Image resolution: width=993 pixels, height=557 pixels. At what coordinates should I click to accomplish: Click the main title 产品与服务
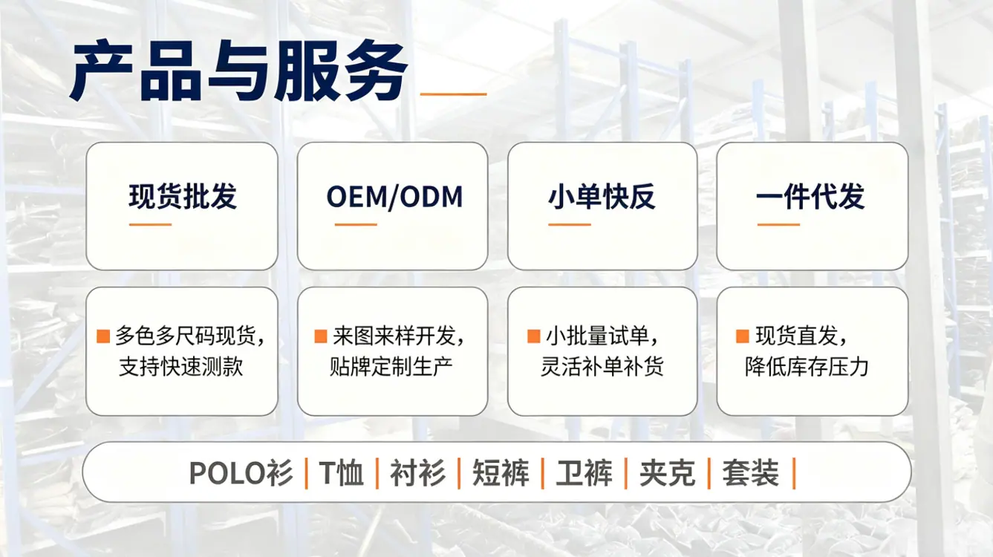coord(238,71)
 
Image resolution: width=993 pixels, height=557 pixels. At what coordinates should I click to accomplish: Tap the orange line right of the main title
coord(453,94)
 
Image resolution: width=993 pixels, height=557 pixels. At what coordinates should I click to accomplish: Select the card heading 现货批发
coord(183,196)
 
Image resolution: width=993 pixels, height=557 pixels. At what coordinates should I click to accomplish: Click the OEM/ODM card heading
coord(394,197)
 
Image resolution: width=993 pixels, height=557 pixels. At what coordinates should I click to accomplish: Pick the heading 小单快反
coord(602,196)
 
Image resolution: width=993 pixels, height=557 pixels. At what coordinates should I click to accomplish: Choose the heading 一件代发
coord(810,196)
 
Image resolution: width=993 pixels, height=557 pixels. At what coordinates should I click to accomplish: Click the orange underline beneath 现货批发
coord(150,224)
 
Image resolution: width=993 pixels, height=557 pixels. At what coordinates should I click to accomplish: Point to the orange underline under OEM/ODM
coord(356,224)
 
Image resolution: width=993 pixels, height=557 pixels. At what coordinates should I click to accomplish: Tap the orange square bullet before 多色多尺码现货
coord(102,336)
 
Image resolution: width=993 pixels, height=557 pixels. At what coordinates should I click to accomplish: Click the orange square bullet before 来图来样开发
coord(321,336)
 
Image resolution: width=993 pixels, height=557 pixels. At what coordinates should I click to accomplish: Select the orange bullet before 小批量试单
coord(534,336)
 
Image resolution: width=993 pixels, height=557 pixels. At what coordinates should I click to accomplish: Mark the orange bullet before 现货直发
coord(743,336)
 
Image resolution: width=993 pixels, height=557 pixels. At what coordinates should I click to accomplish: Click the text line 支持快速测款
coord(181,366)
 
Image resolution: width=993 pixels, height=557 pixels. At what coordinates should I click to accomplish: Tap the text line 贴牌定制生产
coord(391,366)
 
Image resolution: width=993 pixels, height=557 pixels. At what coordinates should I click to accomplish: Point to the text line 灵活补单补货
coord(602,366)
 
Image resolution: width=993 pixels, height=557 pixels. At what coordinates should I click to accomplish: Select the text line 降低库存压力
coord(807,366)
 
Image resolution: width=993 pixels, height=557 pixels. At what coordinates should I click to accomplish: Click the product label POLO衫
coord(241,473)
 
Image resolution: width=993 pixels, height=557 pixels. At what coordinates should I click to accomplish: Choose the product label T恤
coord(341,473)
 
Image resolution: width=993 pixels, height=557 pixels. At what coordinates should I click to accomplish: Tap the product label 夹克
coord(667,473)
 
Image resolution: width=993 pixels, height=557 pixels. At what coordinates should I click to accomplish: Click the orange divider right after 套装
coord(793,473)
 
